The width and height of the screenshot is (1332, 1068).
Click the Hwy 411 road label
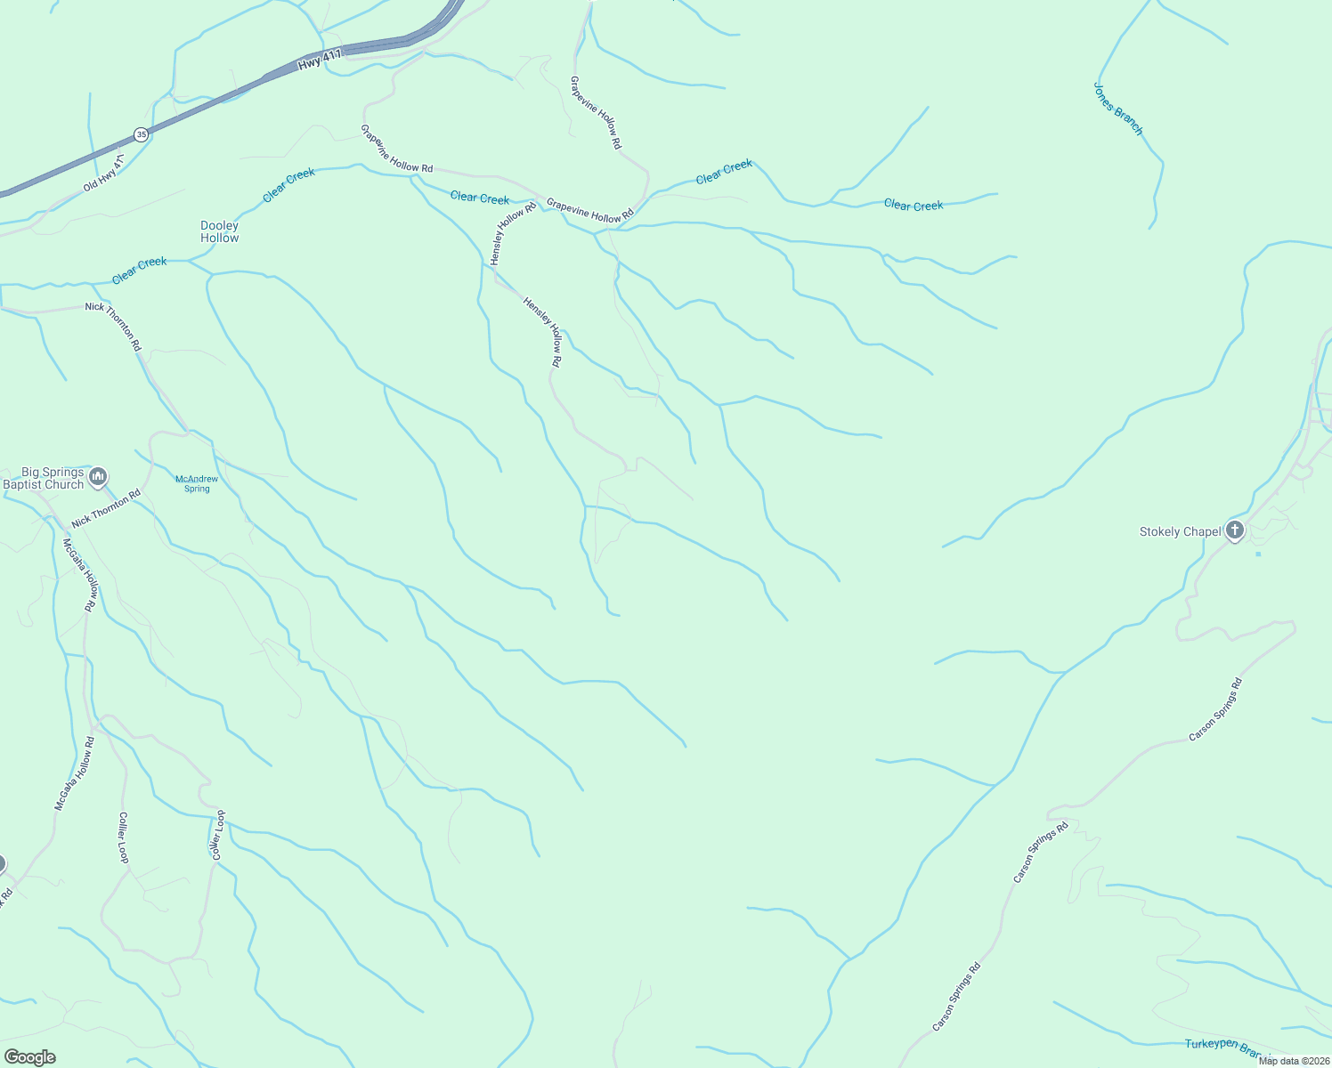point(320,61)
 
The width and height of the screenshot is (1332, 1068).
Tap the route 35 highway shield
point(141,134)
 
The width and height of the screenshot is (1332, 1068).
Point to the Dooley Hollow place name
point(219,232)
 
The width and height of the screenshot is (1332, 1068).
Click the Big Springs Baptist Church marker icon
point(98,477)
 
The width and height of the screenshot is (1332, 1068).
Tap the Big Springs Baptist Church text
point(45,479)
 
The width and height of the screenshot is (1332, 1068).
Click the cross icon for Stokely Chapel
point(1234,531)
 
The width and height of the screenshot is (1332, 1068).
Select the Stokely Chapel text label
point(1180,532)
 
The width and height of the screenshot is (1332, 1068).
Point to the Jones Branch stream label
point(1117,109)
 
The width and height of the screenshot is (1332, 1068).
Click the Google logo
point(29,1057)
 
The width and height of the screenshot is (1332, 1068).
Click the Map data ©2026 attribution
point(1294,1060)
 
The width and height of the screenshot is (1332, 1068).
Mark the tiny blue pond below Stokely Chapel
point(1258,554)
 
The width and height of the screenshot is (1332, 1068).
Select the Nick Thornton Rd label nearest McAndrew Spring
point(106,507)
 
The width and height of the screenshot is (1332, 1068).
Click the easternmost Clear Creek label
point(914,206)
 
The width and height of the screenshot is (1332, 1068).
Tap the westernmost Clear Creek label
point(139,271)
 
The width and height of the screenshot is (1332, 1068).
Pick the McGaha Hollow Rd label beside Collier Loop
point(75,773)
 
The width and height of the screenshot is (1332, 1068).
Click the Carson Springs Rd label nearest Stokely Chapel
point(1215,709)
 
